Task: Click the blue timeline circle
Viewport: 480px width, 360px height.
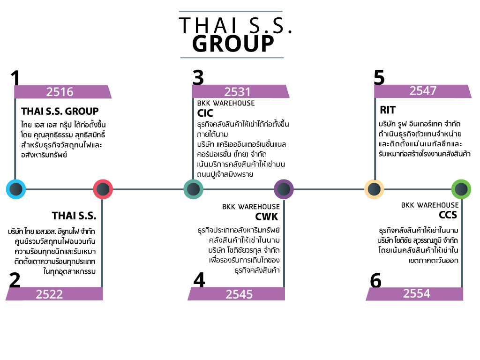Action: point(16,189)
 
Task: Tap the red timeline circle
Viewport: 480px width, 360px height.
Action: point(103,189)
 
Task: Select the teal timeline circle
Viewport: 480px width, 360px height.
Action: point(193,189)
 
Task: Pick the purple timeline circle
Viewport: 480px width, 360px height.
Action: point(284,189)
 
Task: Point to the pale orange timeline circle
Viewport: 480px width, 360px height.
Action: point(374,189)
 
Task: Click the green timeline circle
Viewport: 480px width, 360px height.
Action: point(461,189)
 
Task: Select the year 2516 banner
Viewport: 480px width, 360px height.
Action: point(63,92)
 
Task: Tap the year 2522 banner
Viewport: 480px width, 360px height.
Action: point(54,294)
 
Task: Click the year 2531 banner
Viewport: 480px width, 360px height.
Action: point(240,91)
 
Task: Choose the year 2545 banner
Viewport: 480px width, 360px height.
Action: point(236,294)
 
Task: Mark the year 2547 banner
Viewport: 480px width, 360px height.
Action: point(423,91)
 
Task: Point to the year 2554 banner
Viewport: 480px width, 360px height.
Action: point(414,294)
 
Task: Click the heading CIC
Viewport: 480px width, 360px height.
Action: point(205,113)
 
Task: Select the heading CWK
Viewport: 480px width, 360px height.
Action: point(267,217)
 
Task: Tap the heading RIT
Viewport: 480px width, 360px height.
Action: point(388,110)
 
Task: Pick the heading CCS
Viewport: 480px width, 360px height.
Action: point(448,215)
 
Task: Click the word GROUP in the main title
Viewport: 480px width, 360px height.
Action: point(233,44)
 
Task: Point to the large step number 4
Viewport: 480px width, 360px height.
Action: point(199,280)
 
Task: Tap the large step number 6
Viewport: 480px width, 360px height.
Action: point(375,280)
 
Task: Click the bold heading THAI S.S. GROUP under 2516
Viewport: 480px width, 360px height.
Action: point(60,111)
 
